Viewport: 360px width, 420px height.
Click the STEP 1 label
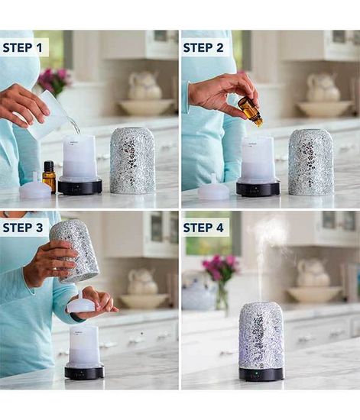pos(22,47)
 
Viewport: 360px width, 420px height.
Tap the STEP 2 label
pos(203,47)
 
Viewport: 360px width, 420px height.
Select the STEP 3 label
pos(22,228)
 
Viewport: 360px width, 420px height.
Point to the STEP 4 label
pos(203,228)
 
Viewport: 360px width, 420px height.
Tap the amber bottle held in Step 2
pos(250,111)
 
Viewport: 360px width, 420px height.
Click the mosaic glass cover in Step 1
pos(132,160)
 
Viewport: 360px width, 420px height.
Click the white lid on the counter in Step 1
pos(35,188)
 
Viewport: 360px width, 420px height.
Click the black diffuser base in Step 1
pos(80,186)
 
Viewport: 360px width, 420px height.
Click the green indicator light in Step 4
pos(255,373)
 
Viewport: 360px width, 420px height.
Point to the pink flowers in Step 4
pos(221,267)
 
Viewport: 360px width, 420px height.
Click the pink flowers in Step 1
pos(54,78)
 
